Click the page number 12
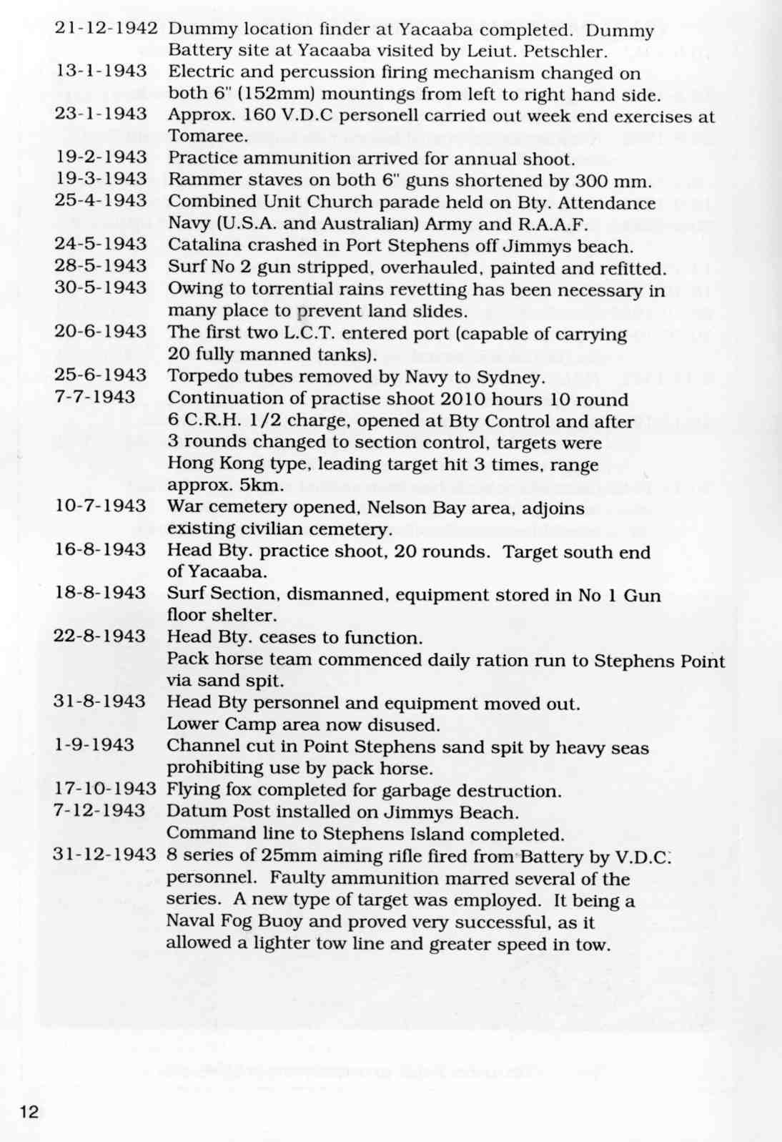click(29, 1111)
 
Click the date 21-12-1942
click(106, 29)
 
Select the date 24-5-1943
click(101, 245)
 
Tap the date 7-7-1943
click(94, 397)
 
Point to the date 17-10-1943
click(105, 789)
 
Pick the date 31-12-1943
click(104, 855)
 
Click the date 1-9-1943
click(94, 745)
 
